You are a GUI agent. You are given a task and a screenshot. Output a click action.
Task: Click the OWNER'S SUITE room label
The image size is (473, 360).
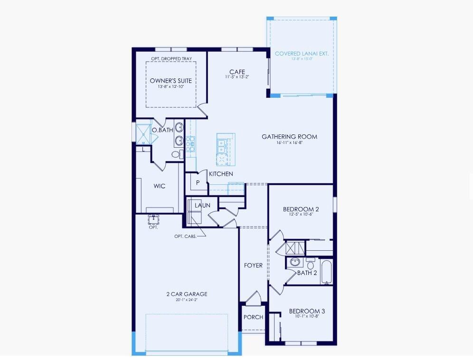[x=171, y=81]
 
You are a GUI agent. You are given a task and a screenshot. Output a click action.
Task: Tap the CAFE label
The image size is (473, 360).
[x=237, y=72]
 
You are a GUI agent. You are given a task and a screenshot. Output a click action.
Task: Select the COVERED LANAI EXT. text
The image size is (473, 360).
[x=302, y=54]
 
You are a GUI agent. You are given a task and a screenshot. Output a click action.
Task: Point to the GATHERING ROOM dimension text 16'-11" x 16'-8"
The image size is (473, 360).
[x=289, y=143]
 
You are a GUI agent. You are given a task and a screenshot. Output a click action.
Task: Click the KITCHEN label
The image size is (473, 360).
[x=221, y=174]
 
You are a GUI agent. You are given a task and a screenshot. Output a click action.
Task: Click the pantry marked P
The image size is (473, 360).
[x=198, y=182]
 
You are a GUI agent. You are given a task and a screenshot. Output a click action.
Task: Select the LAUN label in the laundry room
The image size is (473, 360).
[x=202, y=206]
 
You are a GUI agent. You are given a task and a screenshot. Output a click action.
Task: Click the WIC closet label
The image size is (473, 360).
[x=160, y=186]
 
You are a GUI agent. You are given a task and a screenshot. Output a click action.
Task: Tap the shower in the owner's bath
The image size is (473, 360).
[x=142, y=133]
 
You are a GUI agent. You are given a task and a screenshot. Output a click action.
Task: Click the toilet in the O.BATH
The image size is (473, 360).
[x=175, y=154]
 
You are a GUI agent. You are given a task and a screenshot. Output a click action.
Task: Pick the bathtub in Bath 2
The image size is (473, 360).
[x=327, y=272]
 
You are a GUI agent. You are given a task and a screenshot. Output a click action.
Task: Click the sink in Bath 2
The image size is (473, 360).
[x=294, y=262]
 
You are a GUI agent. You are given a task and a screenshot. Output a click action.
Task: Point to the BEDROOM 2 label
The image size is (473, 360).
[x=301, y=209]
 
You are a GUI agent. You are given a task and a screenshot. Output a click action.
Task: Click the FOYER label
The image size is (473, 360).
[x=253, y=265]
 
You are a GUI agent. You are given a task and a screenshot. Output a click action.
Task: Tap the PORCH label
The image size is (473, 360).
[x=253, y=317]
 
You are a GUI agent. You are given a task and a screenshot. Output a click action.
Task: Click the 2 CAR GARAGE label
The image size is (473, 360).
[x=187, y=294]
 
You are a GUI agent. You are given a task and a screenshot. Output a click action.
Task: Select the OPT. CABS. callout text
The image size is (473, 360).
[x=185, y=236]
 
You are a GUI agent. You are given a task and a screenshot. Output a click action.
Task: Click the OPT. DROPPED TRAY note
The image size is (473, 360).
[x=171, y=59]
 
